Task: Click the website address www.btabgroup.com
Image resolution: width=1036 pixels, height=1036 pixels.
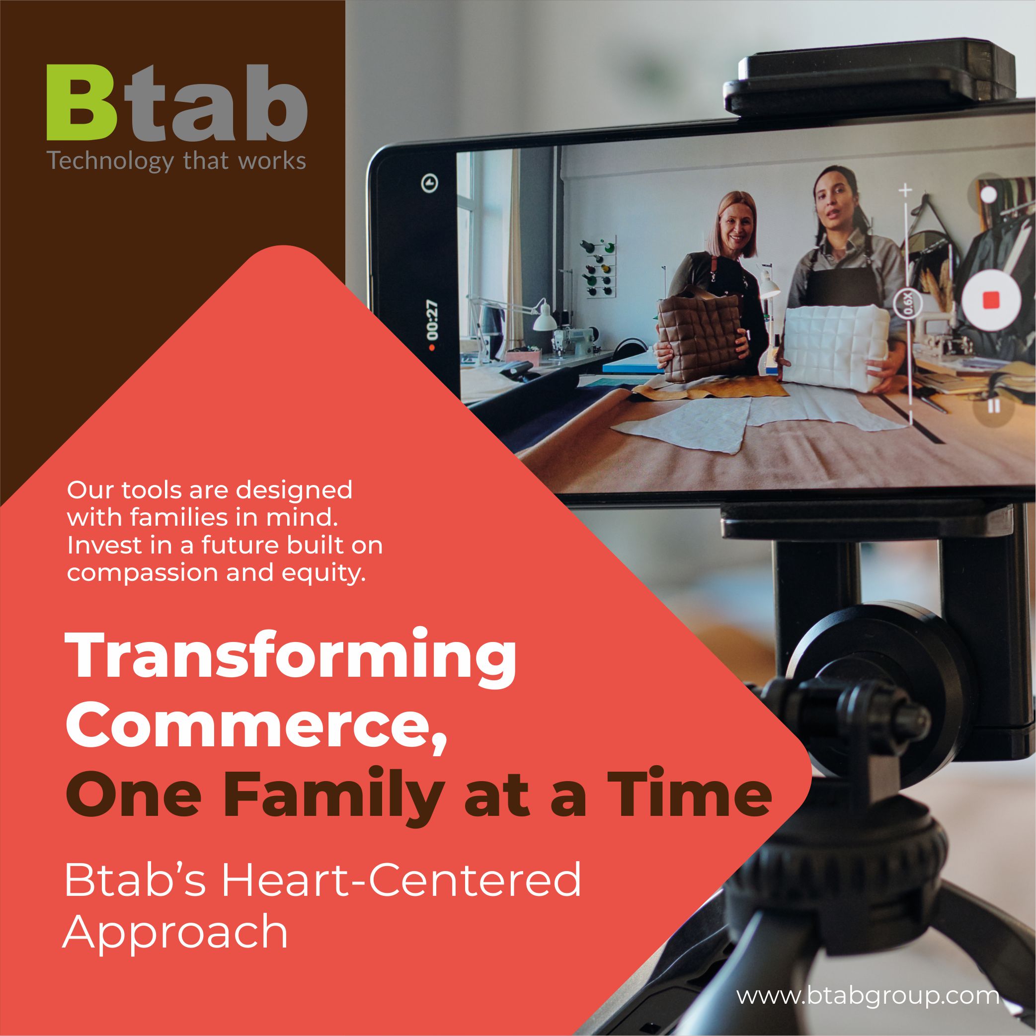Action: (x=867, y=981)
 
